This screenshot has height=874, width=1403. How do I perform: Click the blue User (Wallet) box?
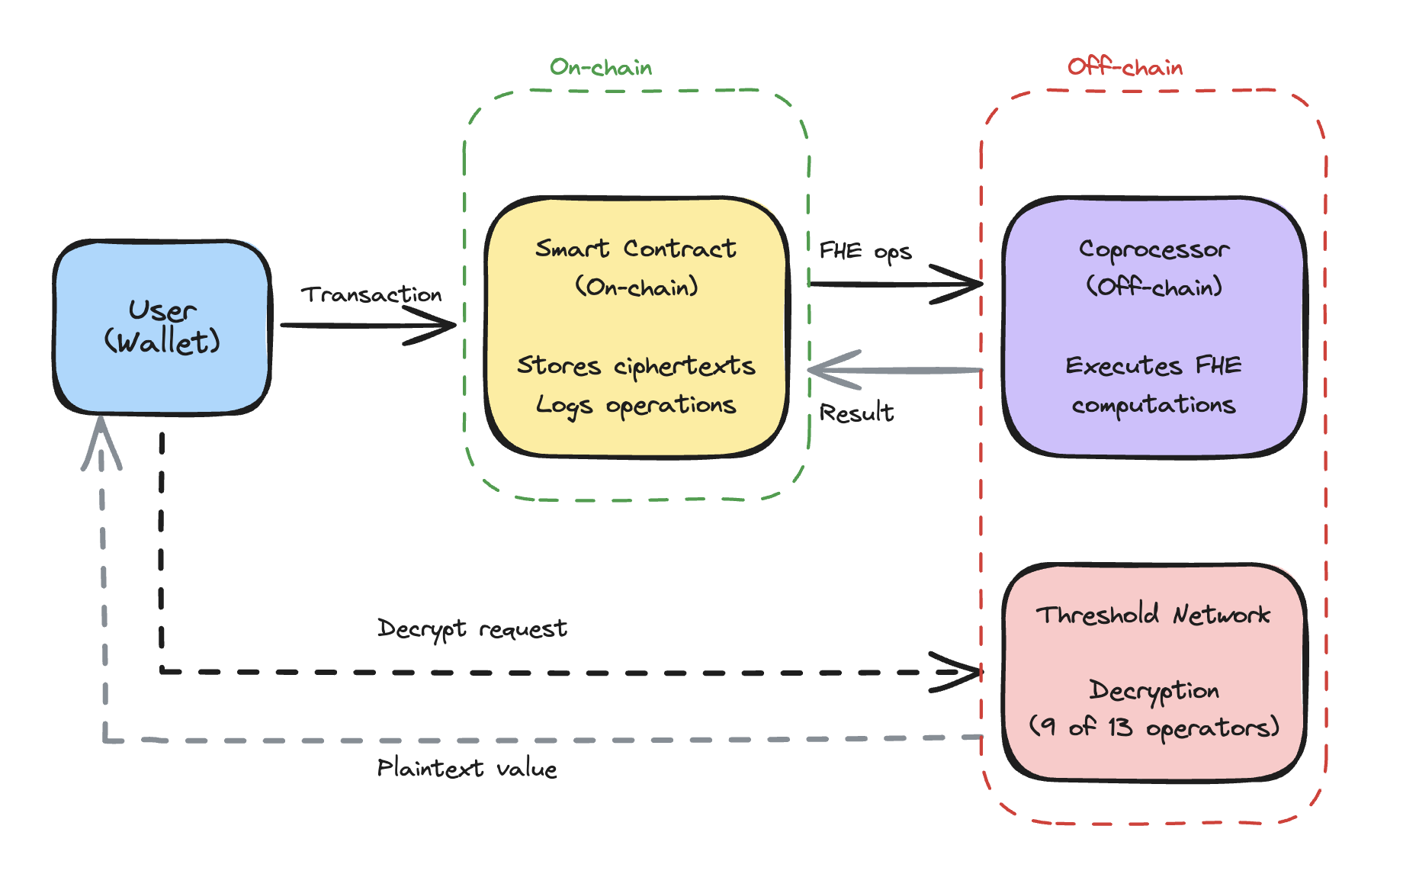[x=162, y=327]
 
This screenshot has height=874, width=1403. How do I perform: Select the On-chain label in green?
[x=601, y=68]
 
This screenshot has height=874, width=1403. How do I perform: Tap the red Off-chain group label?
[x=1125, y=68]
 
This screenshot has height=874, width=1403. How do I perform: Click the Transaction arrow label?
[x=371, y=294]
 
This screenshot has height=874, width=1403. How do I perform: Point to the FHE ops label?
[x=865, y=251]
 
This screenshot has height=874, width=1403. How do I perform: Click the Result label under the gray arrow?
[x=856, y=413]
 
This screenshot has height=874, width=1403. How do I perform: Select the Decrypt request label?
[x=472, y=629]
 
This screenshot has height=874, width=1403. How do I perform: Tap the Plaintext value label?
[x=467, y=768]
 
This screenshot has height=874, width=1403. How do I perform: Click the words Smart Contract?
[x=635, y=249]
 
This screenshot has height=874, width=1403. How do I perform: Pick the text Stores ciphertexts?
[x=635, y=366]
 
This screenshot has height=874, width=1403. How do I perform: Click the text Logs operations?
[x=635, y=405]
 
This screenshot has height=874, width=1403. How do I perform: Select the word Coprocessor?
[x=1154, y=249]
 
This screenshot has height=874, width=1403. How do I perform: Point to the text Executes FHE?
[x=1153, y=365]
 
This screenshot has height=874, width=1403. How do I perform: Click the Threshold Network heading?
[x=1153, y=615]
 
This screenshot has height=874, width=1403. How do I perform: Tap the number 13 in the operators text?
[x=1119, y=727]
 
